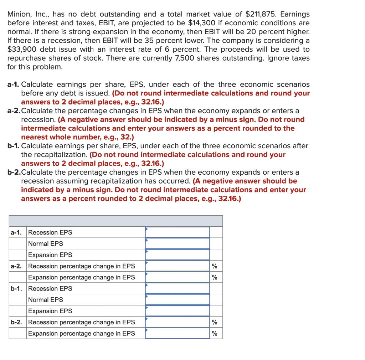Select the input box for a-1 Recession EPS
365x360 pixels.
click(x=177, y=232)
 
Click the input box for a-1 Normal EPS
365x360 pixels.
click(x=177, y=244)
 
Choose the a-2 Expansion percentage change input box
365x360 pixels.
click(x=177, y=277)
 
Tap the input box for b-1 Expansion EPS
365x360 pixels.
click(x=177, y=311)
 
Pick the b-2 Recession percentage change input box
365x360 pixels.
click(x=177, y=322)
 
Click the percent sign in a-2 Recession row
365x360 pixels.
click(x=215, y=266)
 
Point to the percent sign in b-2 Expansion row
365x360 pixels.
click(x=215, y=334)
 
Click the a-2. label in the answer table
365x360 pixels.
click(x=16, y=266)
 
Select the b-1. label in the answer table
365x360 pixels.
click(x=16, y=289)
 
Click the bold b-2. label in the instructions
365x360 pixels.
click(x=14, y=173)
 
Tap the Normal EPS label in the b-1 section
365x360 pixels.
click(x=46, y=300)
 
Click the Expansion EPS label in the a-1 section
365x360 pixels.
click(x=50, y=255)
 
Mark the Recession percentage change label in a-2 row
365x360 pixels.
click(x=81, y=266)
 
